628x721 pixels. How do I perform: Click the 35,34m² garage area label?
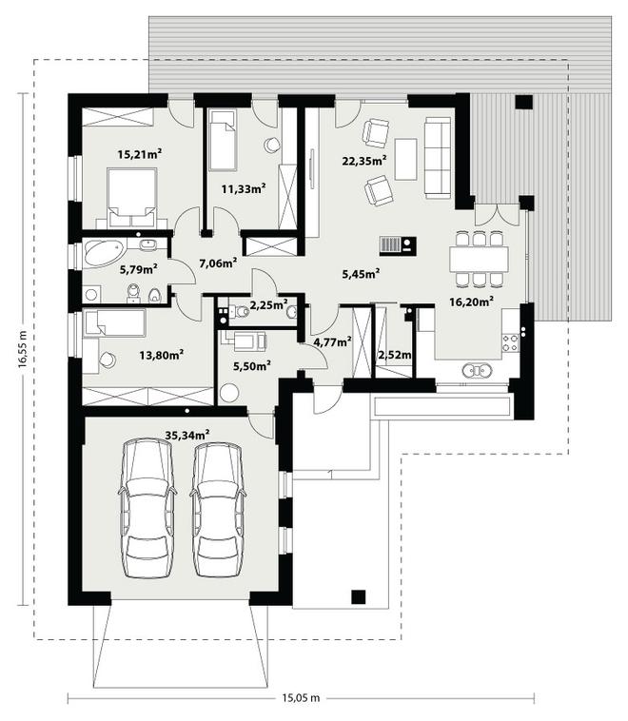(187, 434)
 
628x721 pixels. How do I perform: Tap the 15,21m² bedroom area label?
(140, 153)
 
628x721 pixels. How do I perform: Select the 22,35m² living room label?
(363, 160)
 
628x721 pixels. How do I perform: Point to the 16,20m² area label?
(472, 302)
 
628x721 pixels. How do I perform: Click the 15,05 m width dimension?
(301, 698)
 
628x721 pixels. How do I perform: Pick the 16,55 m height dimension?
(23, 349)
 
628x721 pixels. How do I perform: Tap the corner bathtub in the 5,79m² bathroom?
(105, 252)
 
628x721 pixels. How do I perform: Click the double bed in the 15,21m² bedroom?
(132, 198)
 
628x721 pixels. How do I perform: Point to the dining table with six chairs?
(479, 260)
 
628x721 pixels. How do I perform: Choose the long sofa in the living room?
(438, 157)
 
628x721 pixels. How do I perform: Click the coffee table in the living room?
(405, 159)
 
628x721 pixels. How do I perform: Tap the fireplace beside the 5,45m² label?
(398, 246)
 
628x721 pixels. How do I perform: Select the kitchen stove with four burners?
(511, 343)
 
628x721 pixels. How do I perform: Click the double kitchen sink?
(477, 370)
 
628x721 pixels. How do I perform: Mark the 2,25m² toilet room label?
(268, 304)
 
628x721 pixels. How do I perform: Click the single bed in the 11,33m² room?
(223, 140)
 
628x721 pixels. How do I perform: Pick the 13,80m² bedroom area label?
(162, 355)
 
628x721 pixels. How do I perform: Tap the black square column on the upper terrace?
(524, 102)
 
